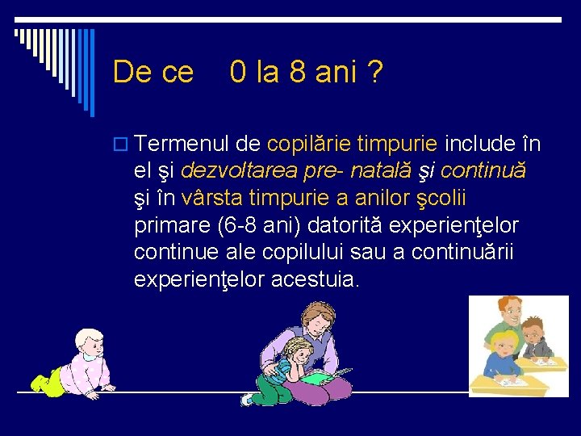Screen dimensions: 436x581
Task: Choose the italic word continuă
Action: [x=484, y=171]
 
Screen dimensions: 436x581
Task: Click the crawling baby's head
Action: [x=88, y=347]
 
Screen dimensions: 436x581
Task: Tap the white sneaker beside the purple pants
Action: [x=247, y=399]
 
